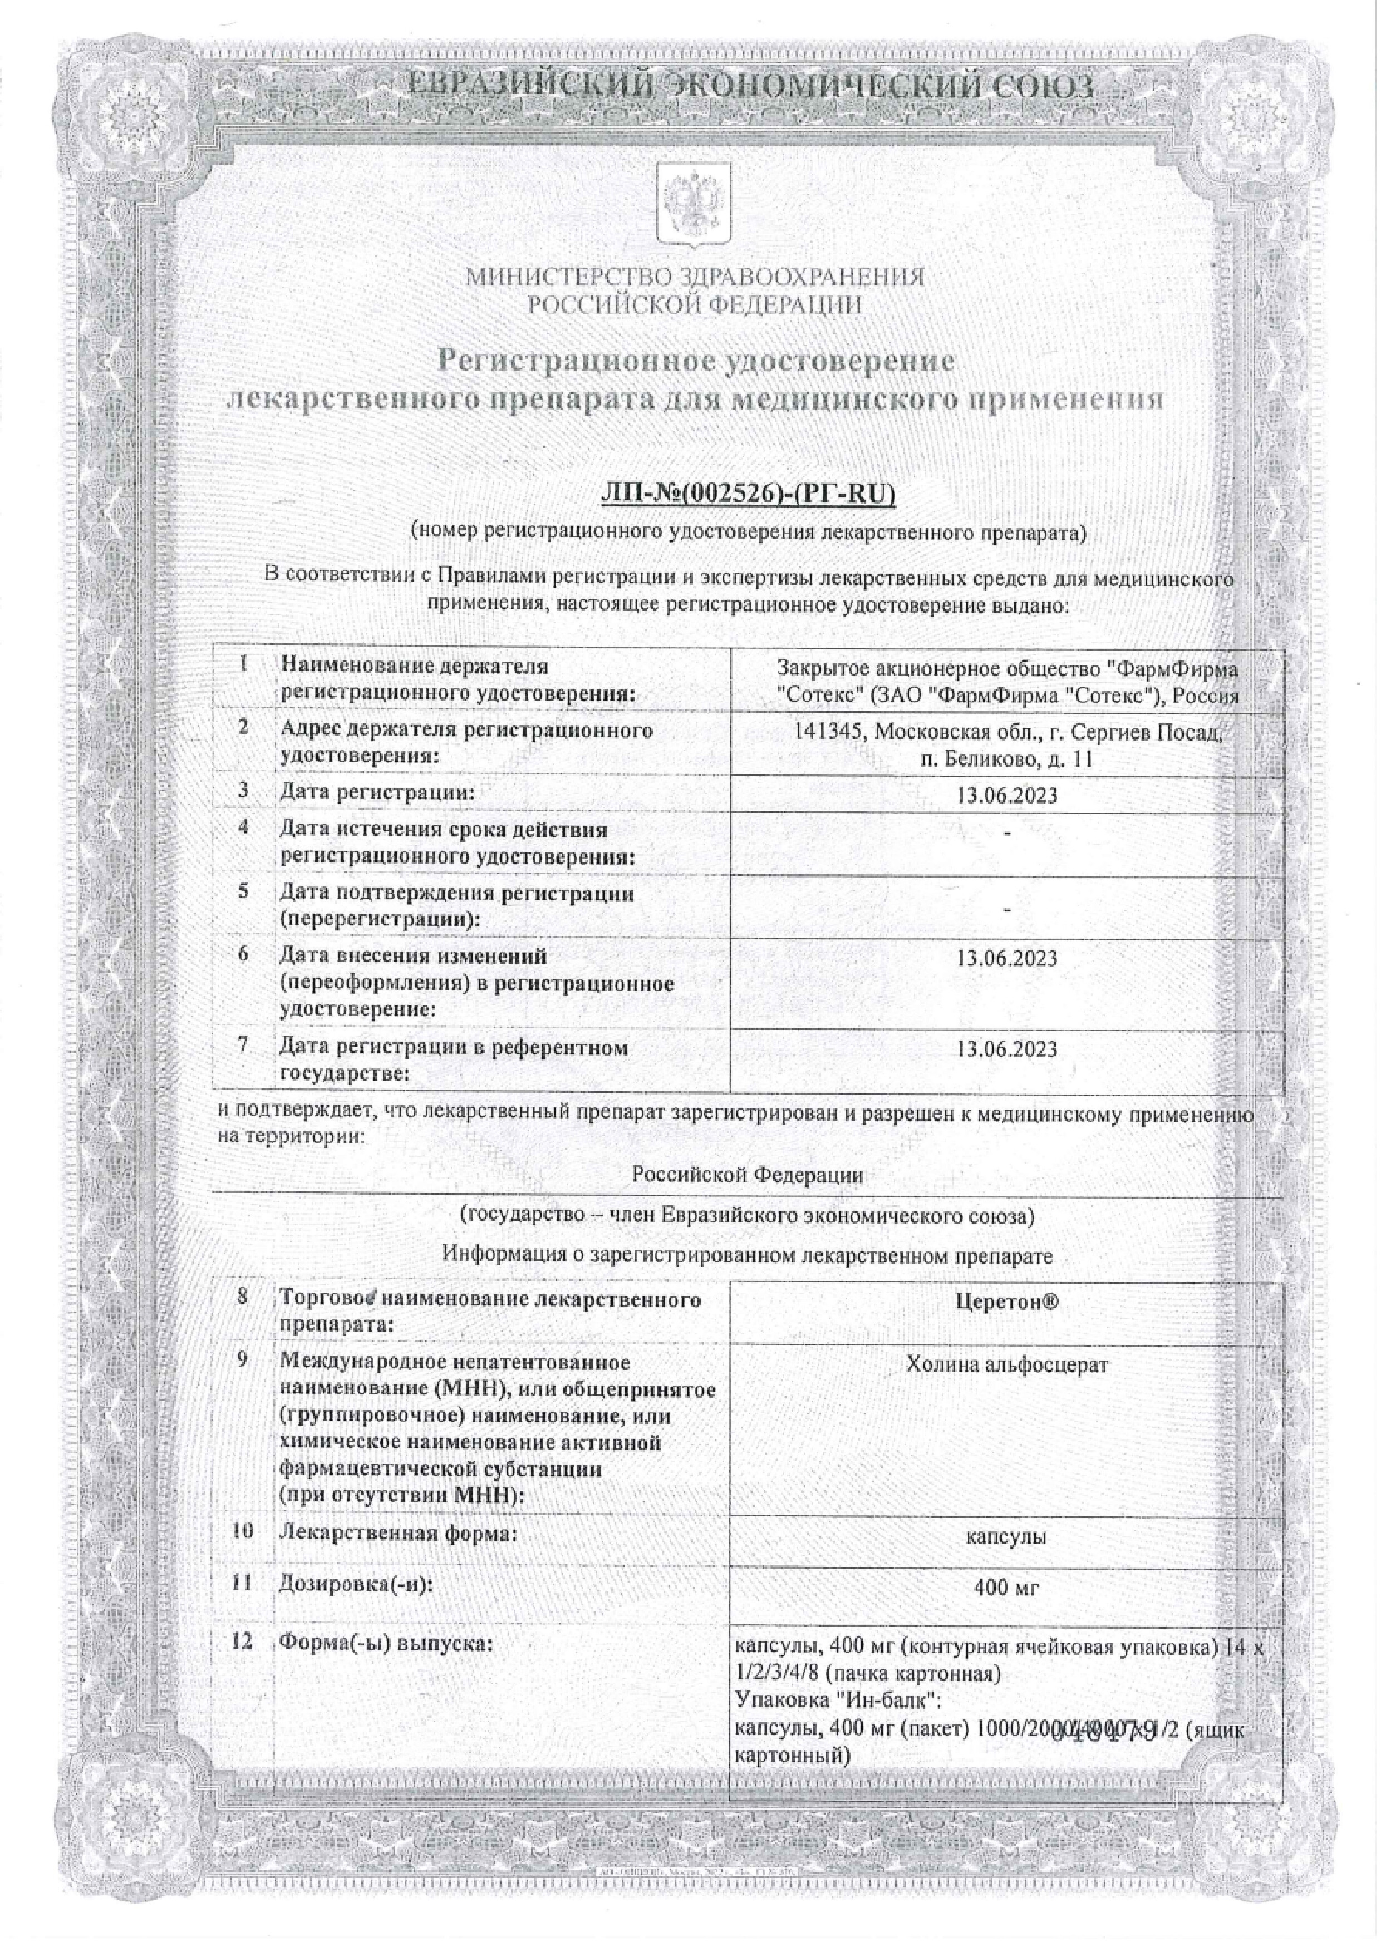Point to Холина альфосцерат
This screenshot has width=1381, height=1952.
pyautogui.click(x=1007, y=1388)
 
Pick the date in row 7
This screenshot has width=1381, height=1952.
pyautogui.click(x=1007, y=1049)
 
